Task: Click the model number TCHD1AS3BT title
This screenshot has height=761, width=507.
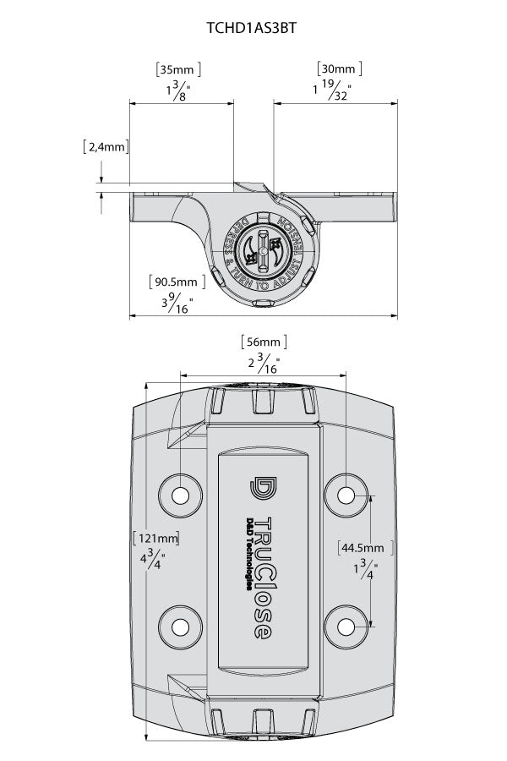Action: pos(251,28)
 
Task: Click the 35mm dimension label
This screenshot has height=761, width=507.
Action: pos(178,69)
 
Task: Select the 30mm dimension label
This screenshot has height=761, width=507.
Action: pos(340,68)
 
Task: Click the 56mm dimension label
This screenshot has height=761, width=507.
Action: pos(263,342)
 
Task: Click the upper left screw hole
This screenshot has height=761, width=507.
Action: pos(181,494)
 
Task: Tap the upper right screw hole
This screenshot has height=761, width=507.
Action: pos(346,494)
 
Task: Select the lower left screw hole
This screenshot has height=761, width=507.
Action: pos(181,626)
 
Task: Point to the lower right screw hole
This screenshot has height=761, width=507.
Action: pos(346,626)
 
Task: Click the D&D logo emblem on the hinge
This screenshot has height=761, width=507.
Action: pos(262,488)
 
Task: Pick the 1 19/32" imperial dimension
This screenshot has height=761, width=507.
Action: pos(331,90)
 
